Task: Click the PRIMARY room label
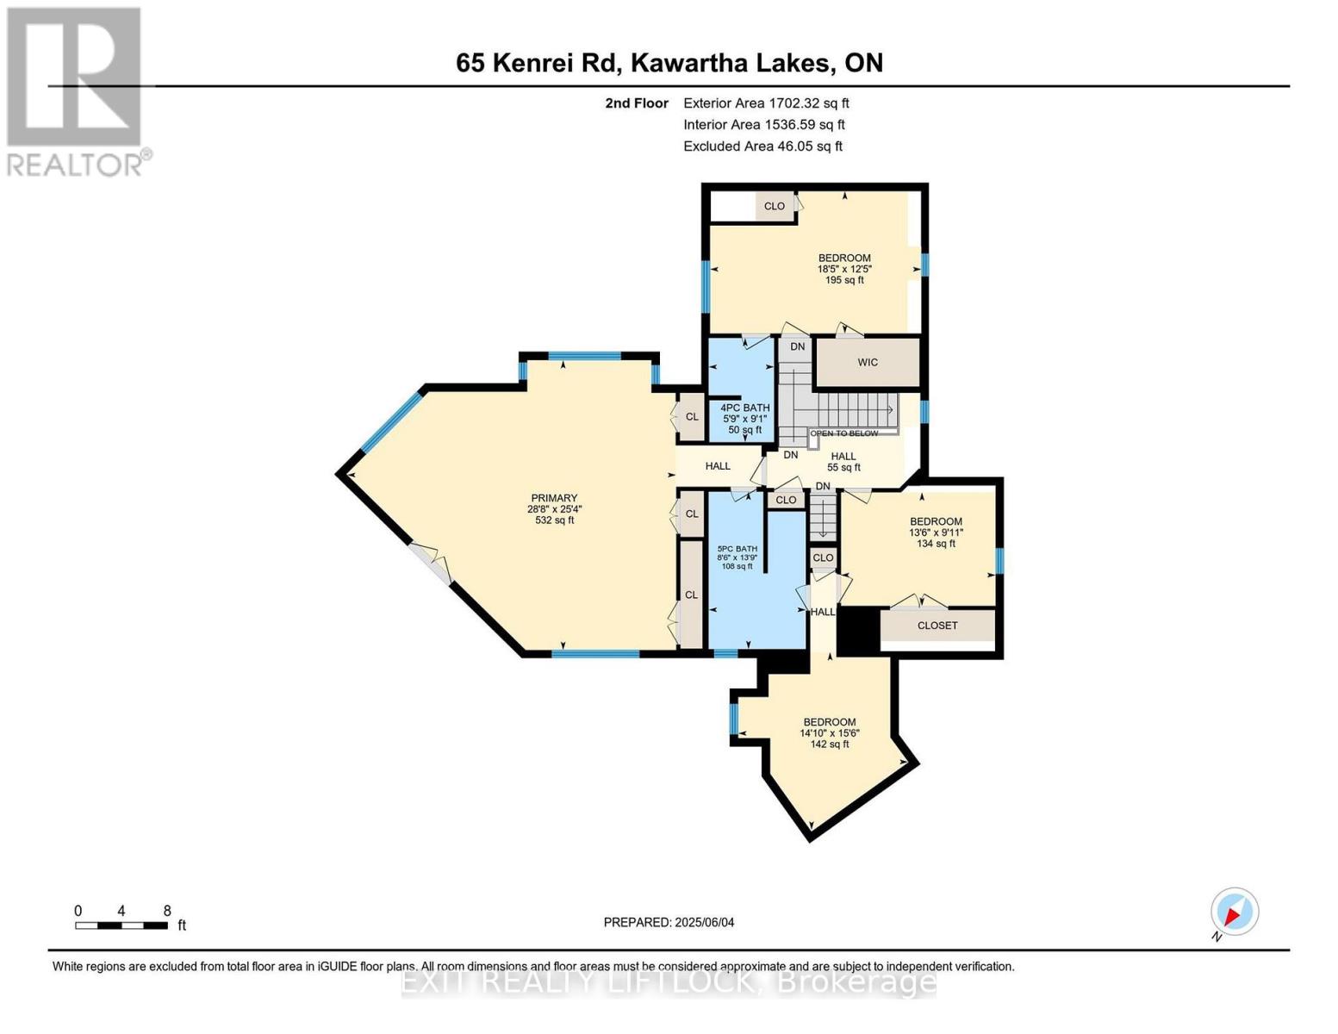[x=554, y=498]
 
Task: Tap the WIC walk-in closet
[x=868, y=363]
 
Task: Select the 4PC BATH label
[x=745, y=408]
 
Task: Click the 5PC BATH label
[x=737, y=549]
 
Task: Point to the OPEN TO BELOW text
[x=844, y=433]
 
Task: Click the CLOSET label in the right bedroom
[x=937, y=626]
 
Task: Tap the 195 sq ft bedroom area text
[x=844, y=280]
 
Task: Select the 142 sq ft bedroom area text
[x=830, y=744]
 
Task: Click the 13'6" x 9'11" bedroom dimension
[x=936, y=533]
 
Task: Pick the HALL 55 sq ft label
[x=843, y=462]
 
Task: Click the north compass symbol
[x=1235, y=912]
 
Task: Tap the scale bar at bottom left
[x=121, y=925]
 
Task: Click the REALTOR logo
[x=76, y=90]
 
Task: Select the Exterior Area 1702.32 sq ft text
[x=766, y=103]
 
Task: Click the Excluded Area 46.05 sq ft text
[x=762, y=146]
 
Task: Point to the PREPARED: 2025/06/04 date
[x=669, y=922]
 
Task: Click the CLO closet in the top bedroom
[x=775, y=206]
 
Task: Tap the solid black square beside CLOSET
[x=858, y=630]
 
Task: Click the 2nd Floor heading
[x=637, y=103]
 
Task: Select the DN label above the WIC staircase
[x=798, y=346]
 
